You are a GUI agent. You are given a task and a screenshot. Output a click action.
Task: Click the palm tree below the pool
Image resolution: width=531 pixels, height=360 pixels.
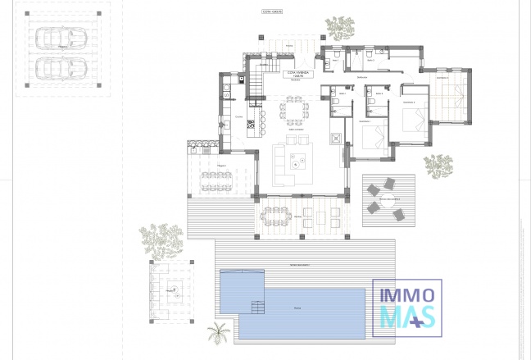(x=219, y=333)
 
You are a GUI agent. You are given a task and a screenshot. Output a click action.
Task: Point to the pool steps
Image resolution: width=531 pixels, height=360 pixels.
(x=256, y=307)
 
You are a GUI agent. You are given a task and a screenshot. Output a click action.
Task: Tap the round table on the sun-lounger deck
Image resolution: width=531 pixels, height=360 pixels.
(x=383, y=199)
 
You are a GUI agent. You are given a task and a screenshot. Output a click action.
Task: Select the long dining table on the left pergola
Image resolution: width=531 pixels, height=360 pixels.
(x=216, y=180)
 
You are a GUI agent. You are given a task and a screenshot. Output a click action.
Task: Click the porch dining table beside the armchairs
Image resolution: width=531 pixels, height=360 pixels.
(x=276, y=216)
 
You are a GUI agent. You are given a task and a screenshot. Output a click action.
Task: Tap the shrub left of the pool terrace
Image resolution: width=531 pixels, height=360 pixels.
(x=160, y=241)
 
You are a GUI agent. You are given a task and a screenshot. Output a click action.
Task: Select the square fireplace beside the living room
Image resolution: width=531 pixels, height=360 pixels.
(x=337, y=138)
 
